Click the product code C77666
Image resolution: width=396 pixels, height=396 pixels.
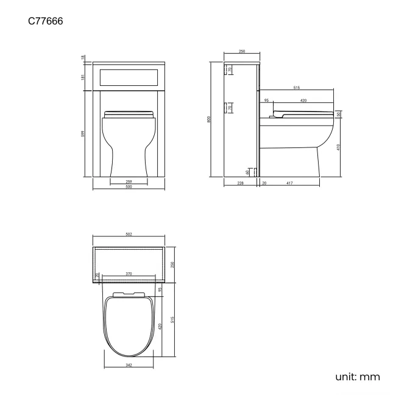[x=46, y=22]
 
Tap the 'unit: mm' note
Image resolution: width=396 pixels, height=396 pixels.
[x=357, y=377]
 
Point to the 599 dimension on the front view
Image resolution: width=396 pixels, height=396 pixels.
[x=83, y=133]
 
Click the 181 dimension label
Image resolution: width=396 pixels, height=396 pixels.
[x=83, y=76]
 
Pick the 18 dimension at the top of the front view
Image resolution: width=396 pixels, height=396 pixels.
[x=83, y=58]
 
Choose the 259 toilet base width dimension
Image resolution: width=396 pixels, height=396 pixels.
[x=129, y=182]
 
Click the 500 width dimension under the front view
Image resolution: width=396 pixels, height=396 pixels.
[x=129, y=187]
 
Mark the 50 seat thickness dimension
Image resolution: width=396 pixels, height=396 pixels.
[x=339, y=115]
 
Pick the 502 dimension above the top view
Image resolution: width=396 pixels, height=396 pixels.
[x=129, y=234]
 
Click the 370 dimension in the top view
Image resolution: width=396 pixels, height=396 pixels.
[x=129, y=274]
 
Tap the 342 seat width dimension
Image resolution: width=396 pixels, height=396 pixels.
[x=129, y=366]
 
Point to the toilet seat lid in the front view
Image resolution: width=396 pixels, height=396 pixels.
[x=129, y=113]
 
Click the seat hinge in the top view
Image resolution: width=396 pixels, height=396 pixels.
[x=129, y=294]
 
